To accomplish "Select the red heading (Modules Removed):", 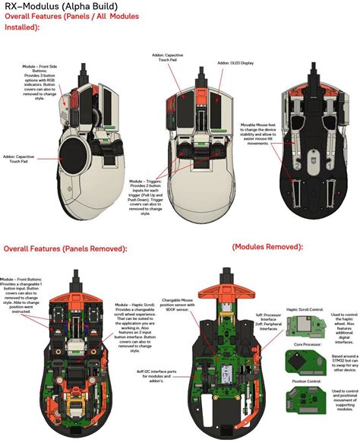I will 267,247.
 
